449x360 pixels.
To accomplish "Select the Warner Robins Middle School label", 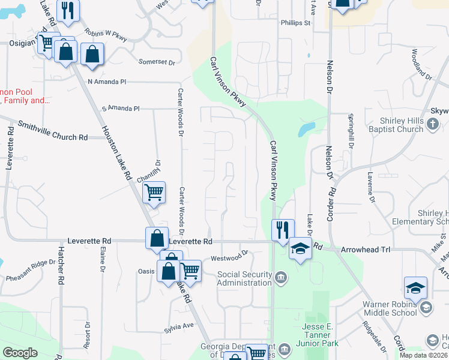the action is click(389, 308).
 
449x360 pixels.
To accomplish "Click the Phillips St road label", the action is click(295, 23).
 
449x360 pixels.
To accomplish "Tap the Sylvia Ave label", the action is click(180, 326).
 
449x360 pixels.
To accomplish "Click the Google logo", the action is click(20, 353).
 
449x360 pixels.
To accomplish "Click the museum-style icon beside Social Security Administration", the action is click(280, 277).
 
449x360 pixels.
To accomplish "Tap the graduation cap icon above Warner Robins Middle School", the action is click(415, 288).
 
